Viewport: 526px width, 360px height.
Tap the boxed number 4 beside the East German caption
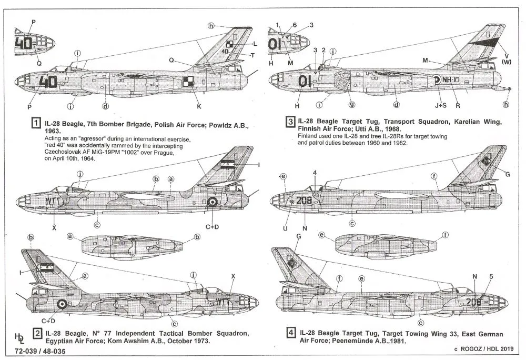[290, 334]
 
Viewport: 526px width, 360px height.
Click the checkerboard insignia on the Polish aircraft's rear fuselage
[188, 81]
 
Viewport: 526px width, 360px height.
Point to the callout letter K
[199, 107]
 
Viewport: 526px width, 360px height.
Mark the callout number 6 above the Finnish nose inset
[295, 25]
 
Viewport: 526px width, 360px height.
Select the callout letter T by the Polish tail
[252, 55]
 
